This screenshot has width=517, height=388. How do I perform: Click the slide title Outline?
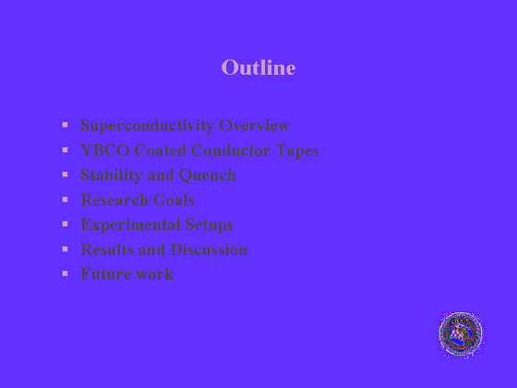[258, 67]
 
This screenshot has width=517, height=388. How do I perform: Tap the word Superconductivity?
[148, 126]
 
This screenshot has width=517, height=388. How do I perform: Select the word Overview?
[255, 126]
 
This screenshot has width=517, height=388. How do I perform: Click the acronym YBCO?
[105, 151]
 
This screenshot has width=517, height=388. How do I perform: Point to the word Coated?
[161, 151]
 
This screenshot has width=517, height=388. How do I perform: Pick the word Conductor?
[231, 151]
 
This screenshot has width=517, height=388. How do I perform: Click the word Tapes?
[297, 152]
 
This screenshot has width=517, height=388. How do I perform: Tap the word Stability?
[112, 176]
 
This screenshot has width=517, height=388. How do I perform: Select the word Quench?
[208, 176]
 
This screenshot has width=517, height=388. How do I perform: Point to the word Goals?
[174, 200]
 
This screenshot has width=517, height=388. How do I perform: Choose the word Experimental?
[130, 225]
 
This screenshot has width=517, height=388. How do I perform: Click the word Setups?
[209, 225]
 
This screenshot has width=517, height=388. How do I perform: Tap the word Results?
[107, 249]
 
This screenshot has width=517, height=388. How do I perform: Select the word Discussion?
[209, 249]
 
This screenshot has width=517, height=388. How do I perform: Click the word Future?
[106, 274]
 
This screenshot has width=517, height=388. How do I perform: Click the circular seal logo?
[461, 333]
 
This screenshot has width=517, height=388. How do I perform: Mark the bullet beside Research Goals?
[65, 200]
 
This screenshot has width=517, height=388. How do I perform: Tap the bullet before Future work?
[65, 273]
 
